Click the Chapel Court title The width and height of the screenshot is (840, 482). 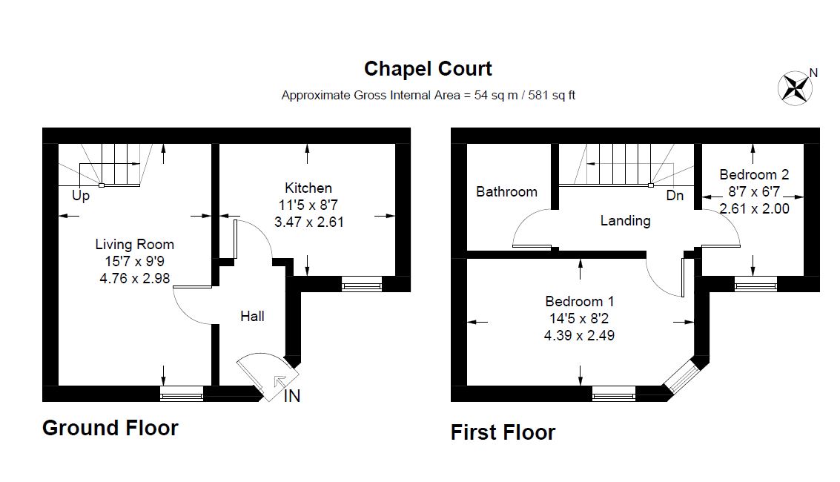pyautogui.click(x=428, y=69)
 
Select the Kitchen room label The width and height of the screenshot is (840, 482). pyautogui.click(x=308, y=188)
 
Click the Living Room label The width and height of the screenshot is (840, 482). pyautogui.click(x=135, y=244)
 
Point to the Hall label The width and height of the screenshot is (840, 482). pyautogui.click(x=252, y=316)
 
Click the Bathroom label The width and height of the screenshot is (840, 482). pyautogui.click(x=506, y=192)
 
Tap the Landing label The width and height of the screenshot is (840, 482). pyautogui.click(x=625, y=220)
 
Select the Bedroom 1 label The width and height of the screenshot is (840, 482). pyautogui.click(x=579, y=301)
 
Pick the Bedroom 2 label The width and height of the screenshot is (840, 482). pyautogui.click(x=754, y=175)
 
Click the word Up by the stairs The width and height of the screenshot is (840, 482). pyautogui.click(x=81, y=197)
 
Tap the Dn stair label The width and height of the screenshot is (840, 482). pyautogui.click(x=675, y=197)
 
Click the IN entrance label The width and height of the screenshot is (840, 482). pyautogui.click(x=293, y=396)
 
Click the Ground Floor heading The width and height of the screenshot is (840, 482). pyautogui.click(x=110, y=428)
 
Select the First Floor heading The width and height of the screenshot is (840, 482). pyautogui.click(x=503, y=432)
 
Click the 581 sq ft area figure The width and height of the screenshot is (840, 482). pyautogui.click(x=551, y=95)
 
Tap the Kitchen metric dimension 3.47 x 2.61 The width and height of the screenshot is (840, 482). pyautogui.click(x=308, y=221)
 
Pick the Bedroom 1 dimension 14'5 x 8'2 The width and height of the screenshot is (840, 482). pyautogui.click(x=579, y=318)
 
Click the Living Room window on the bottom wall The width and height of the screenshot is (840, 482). pyautogui.click(x=182, y=394)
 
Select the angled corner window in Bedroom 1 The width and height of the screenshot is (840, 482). pyautogui.click(x=680, y=376)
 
